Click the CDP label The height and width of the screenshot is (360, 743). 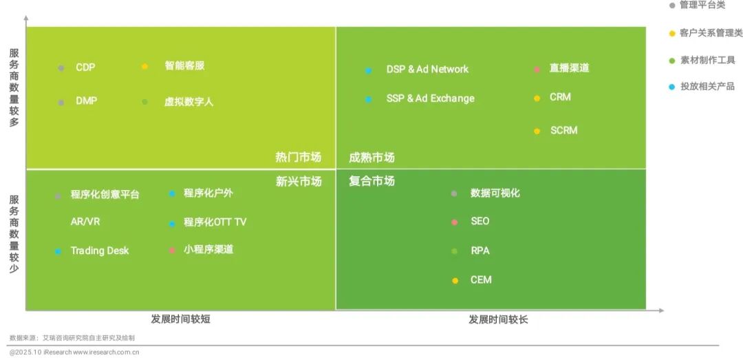pos(85,67)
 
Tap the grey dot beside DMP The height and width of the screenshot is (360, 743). pos(61,103)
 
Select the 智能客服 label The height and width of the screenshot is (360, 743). pos(184,66)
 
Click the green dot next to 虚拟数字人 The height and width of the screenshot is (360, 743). pos(144,103)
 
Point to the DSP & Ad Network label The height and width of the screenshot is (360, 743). pos(427,70)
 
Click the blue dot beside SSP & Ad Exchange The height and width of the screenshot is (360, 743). pos(369,100)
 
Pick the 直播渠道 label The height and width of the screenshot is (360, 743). pos(569,68)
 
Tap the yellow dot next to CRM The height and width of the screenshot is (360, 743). pos(537,98)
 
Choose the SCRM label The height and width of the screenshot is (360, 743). pos(563,130)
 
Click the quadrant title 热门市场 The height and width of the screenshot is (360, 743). pos(298,157)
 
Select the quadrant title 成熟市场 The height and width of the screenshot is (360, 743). pos(371,158)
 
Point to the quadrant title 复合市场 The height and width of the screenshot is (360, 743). pos(371,181)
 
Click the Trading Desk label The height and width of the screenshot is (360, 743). pos(100,251)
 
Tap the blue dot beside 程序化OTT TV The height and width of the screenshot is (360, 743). pos(172,224)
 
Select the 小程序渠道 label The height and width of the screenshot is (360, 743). pos(208,249)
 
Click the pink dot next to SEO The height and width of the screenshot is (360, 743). pos(454,222)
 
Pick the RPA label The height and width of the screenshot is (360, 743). pos(480,251)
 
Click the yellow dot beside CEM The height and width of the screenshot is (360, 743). pos(455,281)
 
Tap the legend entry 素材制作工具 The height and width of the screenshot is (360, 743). pos(707,60)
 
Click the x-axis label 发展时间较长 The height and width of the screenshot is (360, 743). pos(498,320)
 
